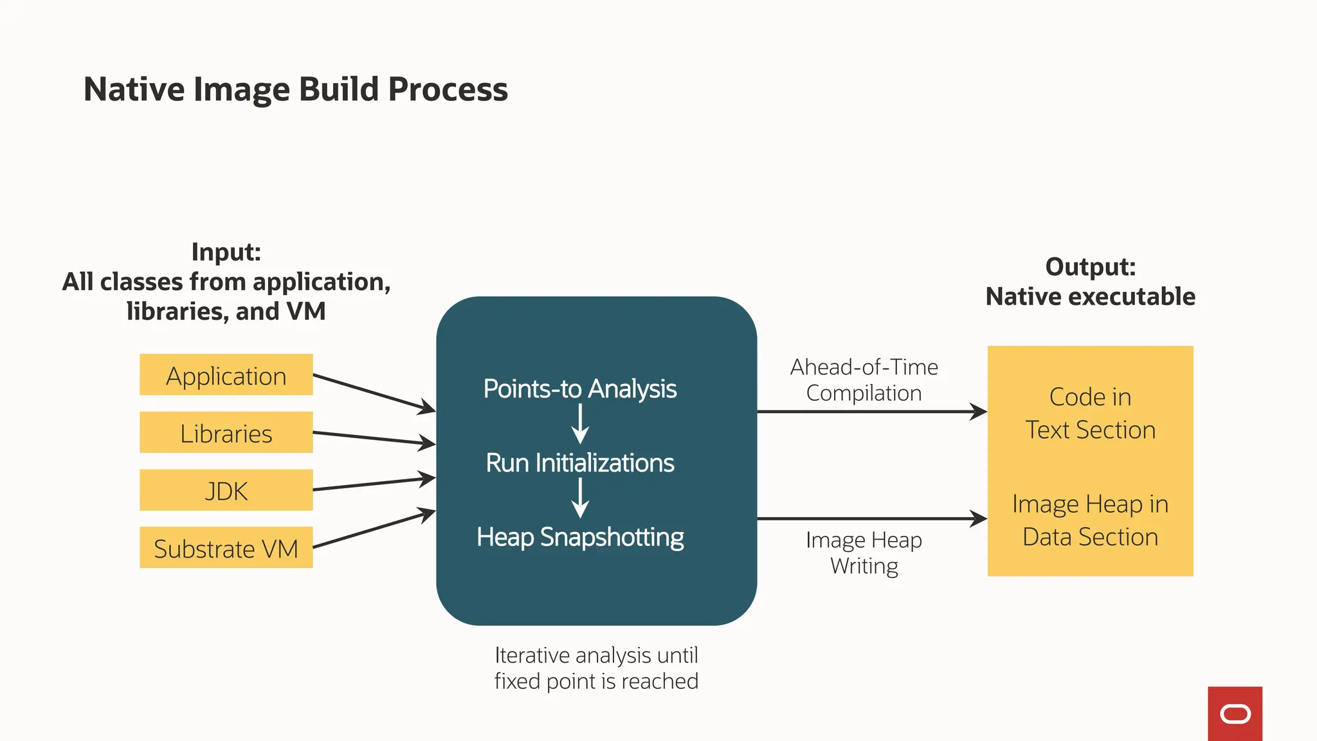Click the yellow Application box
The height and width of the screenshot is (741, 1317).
coord(226,375)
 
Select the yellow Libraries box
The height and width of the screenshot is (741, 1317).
coord(226,433)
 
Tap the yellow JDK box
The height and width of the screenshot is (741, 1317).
coord(226,491)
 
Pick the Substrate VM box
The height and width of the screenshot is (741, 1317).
coord(226,548)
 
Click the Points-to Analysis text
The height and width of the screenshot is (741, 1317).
coord(579,389)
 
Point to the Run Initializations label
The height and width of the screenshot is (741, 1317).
coord(579,462)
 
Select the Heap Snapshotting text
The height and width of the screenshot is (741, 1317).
coord(579,536)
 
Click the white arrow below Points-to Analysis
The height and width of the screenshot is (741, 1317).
coord(580,424)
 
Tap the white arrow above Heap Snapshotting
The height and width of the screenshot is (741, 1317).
coord(580,499)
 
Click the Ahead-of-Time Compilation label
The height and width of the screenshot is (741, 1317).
coord(864,380)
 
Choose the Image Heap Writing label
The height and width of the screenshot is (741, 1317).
coord(864,553)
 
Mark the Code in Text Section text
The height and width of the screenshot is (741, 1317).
coord(1090,413)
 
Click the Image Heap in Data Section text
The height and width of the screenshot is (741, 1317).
coord(1090,520)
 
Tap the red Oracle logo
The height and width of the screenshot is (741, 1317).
coord(1235,713)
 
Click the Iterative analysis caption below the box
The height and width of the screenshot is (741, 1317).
coord(596,668)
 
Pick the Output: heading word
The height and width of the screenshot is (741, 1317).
coord(1090,267)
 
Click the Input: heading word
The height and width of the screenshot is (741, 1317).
coord(226,252)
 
